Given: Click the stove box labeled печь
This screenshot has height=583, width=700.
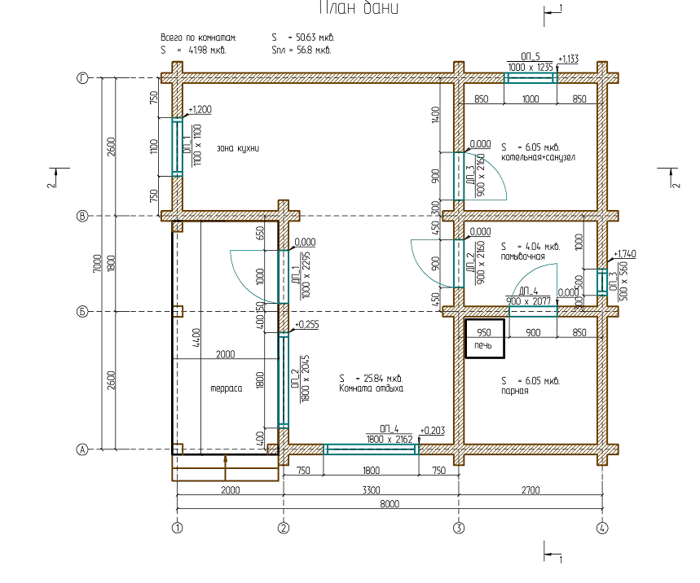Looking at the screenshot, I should [484, 339].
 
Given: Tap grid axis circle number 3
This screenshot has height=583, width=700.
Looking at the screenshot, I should [459, 528].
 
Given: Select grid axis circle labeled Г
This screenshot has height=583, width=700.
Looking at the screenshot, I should [81, 78].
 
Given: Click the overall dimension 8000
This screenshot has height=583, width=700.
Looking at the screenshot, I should [390, 504].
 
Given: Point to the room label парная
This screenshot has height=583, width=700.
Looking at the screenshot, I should [515, 390].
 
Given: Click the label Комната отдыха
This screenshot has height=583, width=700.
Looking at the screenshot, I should [371, 389].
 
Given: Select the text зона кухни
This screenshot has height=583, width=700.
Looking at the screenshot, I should [238, 148].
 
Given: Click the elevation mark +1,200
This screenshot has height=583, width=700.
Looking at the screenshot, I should [200, 109].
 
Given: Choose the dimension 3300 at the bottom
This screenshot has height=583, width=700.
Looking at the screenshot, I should [371, 490].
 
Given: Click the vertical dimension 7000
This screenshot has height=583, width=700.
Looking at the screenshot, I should [97, 263].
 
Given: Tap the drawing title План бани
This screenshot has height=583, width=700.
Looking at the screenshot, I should [358, 10].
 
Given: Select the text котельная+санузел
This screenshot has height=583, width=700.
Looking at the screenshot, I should [539, 157].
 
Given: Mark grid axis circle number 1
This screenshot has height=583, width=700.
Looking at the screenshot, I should [177, 528].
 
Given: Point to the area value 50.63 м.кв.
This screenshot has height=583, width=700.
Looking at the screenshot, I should [315, 37].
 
